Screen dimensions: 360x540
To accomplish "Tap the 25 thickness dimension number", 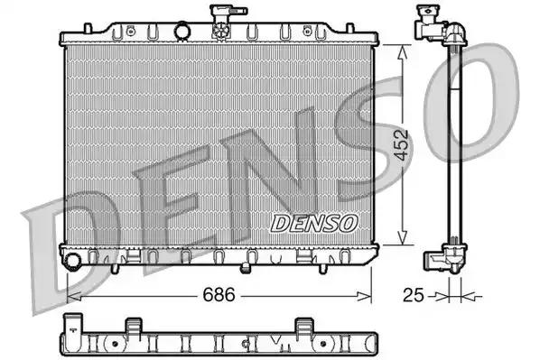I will pyautogui.click(x=412, y=294).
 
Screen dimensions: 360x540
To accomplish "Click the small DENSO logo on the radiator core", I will pyautogui.click(x=315, y=221).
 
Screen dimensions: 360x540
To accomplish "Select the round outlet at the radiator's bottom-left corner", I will pyautogui.click(x=72, y=261).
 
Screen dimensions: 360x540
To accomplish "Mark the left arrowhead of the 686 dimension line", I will pyautogui.click(x=73, y=294).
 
